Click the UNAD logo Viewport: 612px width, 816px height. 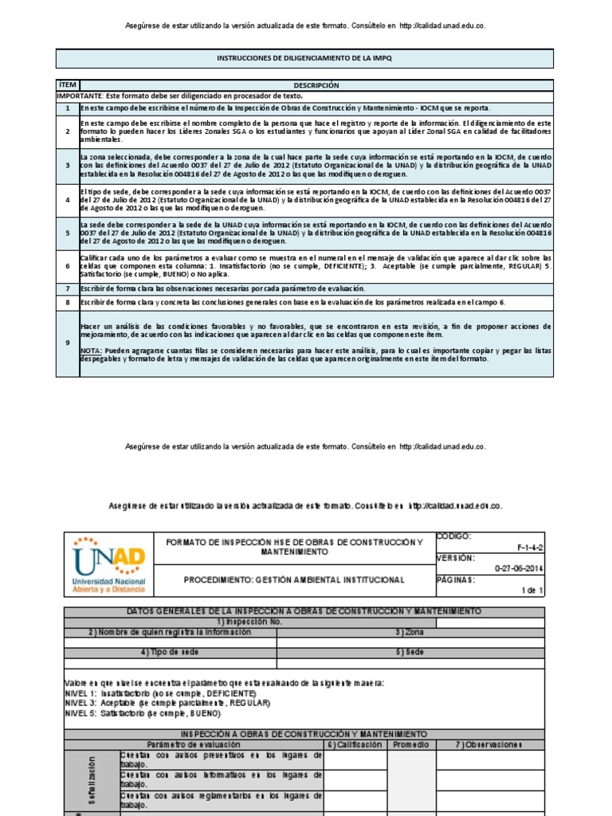[x=109, y=566]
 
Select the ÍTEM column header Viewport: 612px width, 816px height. [x=67, y=84]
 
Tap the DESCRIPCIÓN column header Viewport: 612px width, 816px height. [x=316, y=84]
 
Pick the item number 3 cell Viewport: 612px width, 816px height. [x=67, y=165]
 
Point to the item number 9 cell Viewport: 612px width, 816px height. [x=67, y=343]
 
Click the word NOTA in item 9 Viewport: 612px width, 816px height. [x=90, y=351]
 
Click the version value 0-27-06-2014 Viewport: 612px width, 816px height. [x=518, y=569]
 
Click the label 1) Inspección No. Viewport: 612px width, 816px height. [x=249, y=622]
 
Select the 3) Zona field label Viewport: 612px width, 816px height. [x=410, y=632]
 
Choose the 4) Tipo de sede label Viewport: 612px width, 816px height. [x=170, y=653]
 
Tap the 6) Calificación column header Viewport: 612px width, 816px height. [x=355, y=744]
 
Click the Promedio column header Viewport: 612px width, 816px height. [x=411, y=744]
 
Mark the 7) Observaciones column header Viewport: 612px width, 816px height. [x=489, y=744]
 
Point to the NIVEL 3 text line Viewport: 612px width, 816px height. [x=167, y=703]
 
